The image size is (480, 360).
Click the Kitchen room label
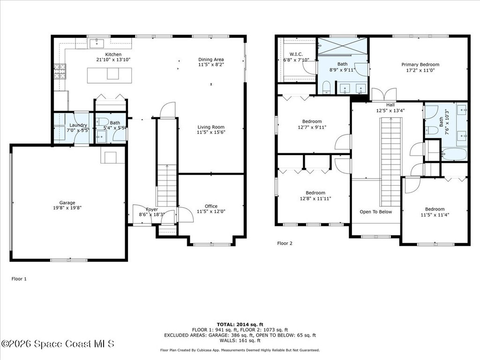[x=113, y=54]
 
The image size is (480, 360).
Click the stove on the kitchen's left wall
[x=60, y=71]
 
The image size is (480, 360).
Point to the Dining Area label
[x=211, y=60]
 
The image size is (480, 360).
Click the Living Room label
[x=210, y=127]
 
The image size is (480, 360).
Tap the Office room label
[x=211, y=206]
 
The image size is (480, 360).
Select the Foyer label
[x=151, y=210]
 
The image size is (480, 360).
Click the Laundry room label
[x=78, y=126]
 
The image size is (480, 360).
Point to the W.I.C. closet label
[x=296, y=54]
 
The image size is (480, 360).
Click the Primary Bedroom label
[x=420, y=64]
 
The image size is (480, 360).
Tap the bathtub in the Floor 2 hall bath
[x=454, y=154]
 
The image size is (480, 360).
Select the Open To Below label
[x=375, y=212]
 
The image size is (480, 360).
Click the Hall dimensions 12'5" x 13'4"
[x=390, y=111]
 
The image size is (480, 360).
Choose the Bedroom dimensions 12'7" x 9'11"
[x=312, y=127]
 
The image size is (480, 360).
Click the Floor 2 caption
[x=285, y=243]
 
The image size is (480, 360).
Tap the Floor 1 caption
[x=19, y=279]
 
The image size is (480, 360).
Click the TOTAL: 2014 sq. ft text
[x=240, y=324]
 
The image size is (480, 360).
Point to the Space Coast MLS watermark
[x=57, y=344]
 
